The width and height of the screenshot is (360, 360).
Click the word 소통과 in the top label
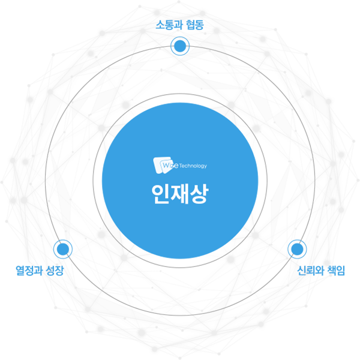pos(167,25)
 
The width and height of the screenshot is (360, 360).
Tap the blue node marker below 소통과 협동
pos(179,46)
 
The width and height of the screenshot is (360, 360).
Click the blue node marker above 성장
pos(62,247)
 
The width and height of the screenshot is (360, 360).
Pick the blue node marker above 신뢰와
pos(296,247)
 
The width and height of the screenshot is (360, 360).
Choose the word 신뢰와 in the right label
pos(310,271)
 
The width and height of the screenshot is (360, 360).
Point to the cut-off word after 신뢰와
pos(334,271)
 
